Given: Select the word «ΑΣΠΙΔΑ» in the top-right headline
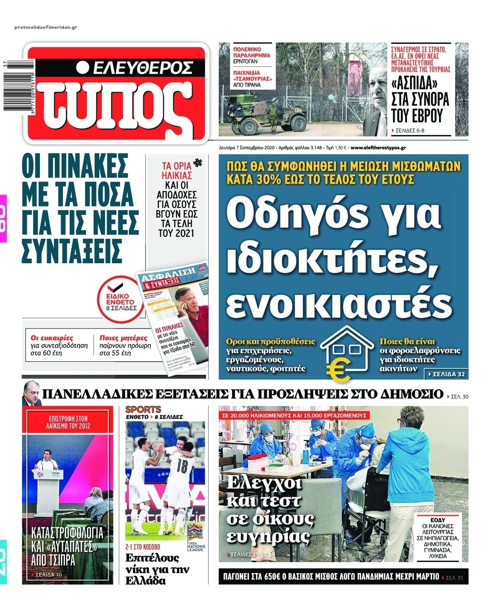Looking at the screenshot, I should point(420,83).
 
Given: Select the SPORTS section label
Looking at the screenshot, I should point(143,410).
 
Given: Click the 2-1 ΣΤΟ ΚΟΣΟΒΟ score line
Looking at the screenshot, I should point(143,547).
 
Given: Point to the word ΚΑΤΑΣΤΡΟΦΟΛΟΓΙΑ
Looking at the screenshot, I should point(67,533).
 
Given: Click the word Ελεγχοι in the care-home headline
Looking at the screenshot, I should point(264,482).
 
